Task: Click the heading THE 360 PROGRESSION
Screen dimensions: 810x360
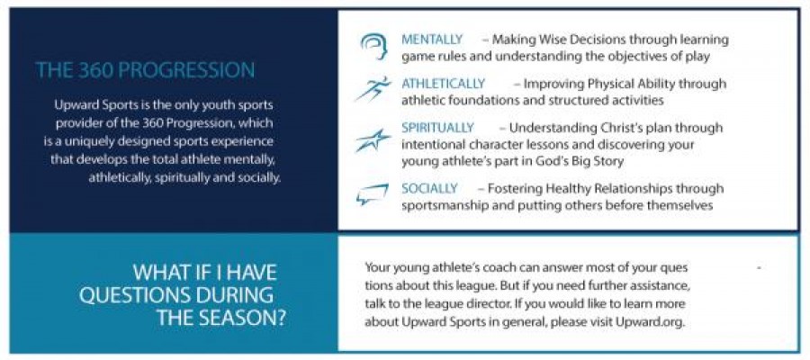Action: tap(145, 70)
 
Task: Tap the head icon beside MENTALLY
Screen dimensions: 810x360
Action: tap(373, 46)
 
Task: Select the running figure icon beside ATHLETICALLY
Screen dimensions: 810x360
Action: tap(373, 89)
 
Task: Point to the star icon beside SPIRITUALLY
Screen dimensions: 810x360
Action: tap(373, 140)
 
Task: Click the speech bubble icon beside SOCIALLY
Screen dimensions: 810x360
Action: tap(372, 194)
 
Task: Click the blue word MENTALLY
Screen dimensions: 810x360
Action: tap(432, 40)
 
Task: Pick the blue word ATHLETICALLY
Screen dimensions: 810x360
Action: tap(444, 84)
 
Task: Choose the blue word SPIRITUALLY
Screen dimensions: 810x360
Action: tap(437, 128)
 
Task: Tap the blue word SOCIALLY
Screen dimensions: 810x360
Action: tap(430, 188)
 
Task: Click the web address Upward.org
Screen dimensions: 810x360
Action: tap(650, 321)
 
